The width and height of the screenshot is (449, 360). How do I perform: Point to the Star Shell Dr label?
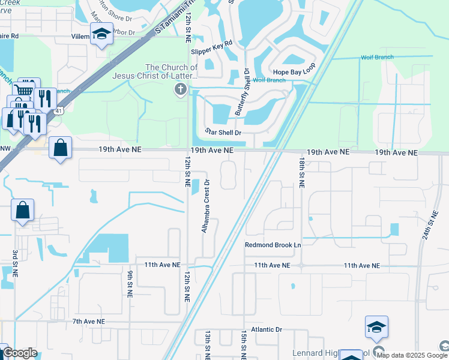pos(223,132)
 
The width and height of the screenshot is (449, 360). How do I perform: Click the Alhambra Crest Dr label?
pos(206,207)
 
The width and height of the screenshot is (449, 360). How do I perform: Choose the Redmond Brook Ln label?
pos(273,245)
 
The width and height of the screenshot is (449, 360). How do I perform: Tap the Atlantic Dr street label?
pos(267,329)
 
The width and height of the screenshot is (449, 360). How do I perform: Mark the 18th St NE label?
pos(302,172)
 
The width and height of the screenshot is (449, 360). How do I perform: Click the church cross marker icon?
pos(179,90)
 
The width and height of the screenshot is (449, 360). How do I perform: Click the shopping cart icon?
pos(23,90)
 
